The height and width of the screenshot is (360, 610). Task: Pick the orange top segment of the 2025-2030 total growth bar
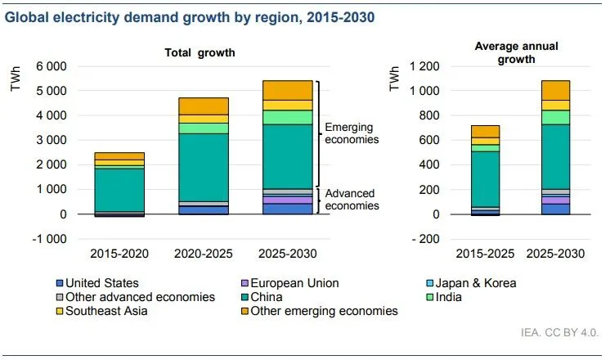coord(287,90)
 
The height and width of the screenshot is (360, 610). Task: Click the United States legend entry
coord(103,283)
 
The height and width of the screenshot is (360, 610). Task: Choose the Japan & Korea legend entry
coord(475,283)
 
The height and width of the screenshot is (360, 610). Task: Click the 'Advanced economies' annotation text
coord(352,199)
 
